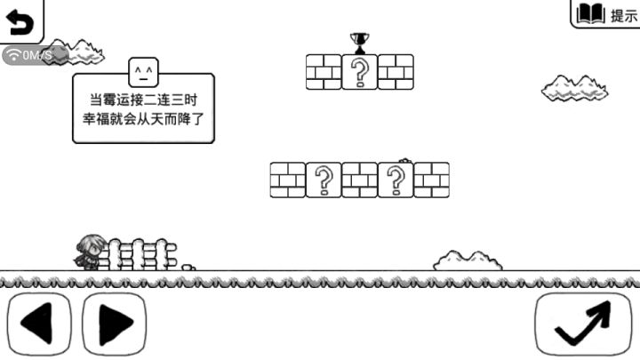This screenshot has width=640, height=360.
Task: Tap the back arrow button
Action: (20, 21)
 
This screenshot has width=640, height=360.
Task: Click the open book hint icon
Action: (590, 14)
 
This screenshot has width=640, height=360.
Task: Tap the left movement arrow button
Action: (39, 324)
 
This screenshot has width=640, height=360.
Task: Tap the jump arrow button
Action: (583, 324)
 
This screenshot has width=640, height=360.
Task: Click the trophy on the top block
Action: (360, 44)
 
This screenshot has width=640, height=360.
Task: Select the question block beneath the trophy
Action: (360, 72)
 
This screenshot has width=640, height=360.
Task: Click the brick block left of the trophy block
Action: (324, 72)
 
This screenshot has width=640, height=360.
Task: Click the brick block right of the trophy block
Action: (396, 72)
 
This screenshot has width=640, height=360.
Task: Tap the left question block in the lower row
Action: (324, 180)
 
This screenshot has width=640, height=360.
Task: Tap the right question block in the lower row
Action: (396, 180)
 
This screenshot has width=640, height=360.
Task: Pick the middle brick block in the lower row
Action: (360, 180)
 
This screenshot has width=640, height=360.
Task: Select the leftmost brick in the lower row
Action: (288, 180)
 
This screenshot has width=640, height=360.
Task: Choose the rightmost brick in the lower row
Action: (431, 180)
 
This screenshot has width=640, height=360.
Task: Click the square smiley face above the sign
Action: (143, 72)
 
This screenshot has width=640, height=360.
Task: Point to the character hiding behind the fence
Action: (89, 252)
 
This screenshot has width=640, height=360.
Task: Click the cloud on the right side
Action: (575, 88)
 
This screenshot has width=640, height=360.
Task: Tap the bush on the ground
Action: (468, 260)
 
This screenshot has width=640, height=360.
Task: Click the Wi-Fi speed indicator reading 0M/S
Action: (36, 55)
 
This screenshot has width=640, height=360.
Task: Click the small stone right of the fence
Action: (188, 268)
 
